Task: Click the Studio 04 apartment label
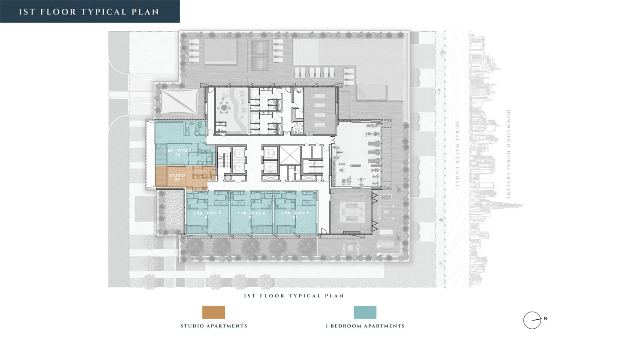click(x=177, y=177)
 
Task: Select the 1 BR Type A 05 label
click(x=177, y=152)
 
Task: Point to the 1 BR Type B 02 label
click(x=251, y=215)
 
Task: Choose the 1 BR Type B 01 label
click(x=295, y=215)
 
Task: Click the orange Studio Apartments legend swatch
click(x=213, y=312)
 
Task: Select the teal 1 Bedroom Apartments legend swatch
click(x=365, y=312)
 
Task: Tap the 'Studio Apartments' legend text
click(x=213, y=326)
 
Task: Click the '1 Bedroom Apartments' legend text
click(x=365, y=326)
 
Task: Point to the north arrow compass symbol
click(x=532, y=320)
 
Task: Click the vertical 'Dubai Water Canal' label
click(x=457, y=154)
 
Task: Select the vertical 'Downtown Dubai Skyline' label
click(x=508, y=154)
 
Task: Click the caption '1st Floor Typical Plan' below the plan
click(x=294, y=296)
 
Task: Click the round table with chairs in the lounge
click(x=223, y=108)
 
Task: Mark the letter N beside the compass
click(x=545, y=318)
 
